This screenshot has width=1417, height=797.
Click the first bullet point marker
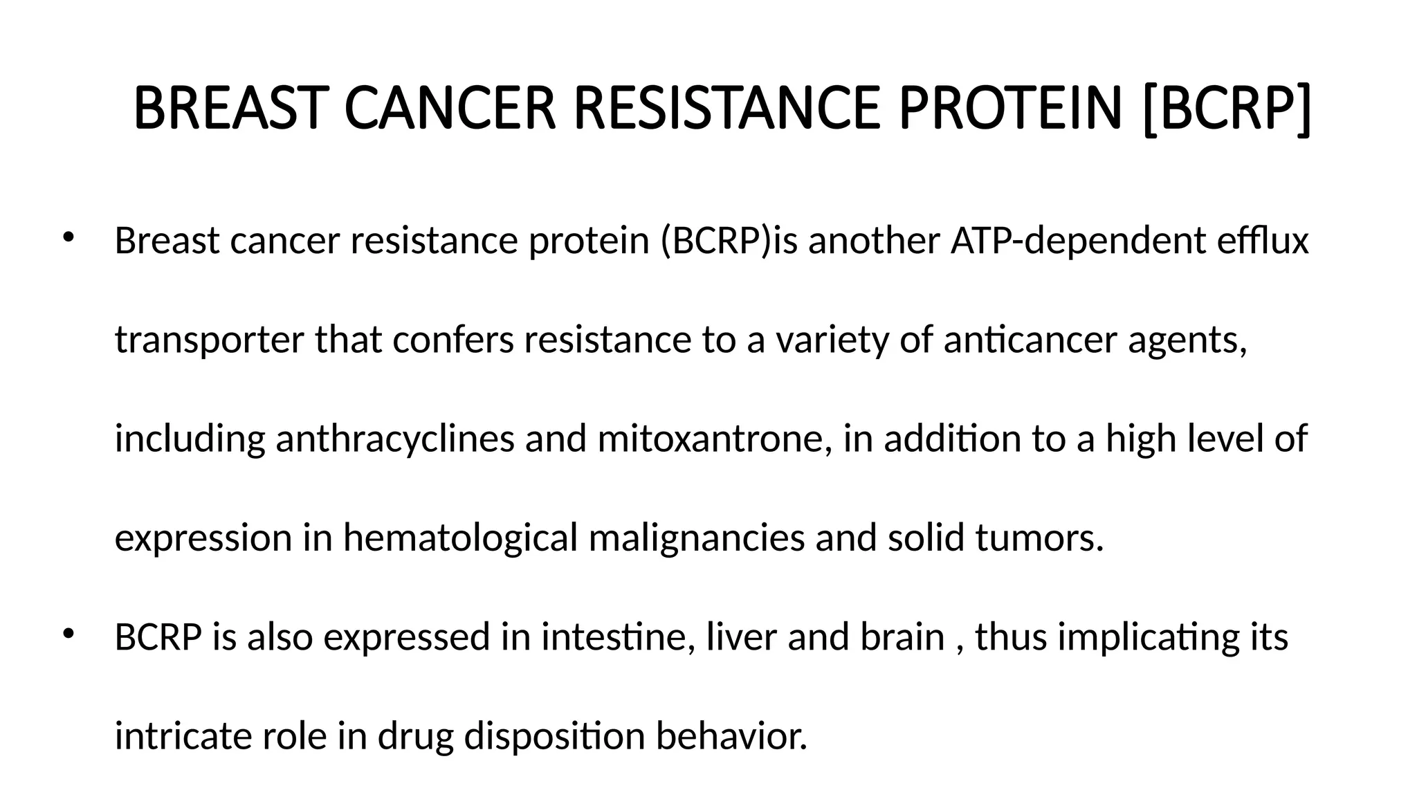[67, 237]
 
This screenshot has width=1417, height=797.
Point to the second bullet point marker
[67, 634]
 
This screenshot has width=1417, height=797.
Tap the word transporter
[209, 340]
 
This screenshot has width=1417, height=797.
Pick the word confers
[453, 340]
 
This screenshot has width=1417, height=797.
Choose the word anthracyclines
[394, 439]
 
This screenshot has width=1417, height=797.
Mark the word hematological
[460, 538]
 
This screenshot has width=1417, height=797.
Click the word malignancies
[697, 538]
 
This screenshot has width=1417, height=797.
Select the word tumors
[1039, 538]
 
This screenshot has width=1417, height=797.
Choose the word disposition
[554, 736]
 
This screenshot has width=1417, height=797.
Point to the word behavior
[731, 736]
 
